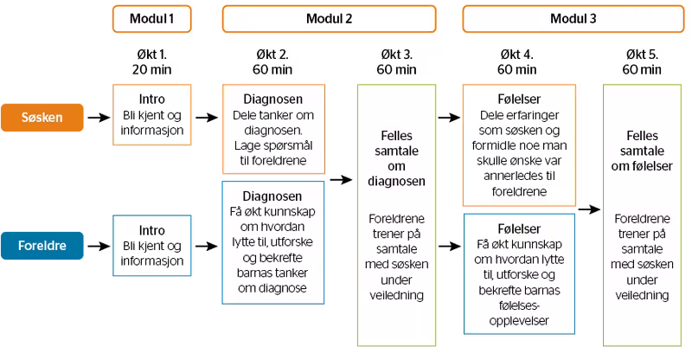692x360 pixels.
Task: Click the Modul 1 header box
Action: pyautogui.click(x=152, y=19)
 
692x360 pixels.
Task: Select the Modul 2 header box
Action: pyautogui.click(x=330, y=19)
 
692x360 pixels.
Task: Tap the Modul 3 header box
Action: pyautogui.click(x=573, y=19)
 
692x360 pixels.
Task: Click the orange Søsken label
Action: pyautogui.click(x=42, y=118)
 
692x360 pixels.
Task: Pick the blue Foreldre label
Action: pyautogui.click(x=42, y=246)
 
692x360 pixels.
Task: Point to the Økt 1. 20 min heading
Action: pyautogui.click(x=152, y=61)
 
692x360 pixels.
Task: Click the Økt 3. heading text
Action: pyautogui.click(x=396, y=55)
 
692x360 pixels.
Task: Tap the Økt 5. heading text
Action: pyautogui.click(x=642, y=55)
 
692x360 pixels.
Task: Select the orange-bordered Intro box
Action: pyautogui.click(x=152, y=115)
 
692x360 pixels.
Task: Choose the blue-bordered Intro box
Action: pyautogui.click(x=152, y=246)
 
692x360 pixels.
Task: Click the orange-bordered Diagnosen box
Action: pyautogui.click(x=273, y=129)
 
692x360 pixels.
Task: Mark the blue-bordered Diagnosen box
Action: pyautogui.click(x=273, y=242)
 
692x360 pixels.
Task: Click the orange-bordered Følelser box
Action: pyautogui.click(x=519, y=145)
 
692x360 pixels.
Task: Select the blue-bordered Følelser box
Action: pyautogui.click(x=519, y=273)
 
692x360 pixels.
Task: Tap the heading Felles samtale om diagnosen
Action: pyautogui.click(x=396, y=158)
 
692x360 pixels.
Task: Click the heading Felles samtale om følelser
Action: pyautogui.click(x=642, y=151)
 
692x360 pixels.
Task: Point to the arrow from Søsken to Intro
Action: pyautogui.click(x=99, y=118)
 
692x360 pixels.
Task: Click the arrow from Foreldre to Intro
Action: pyautogui.click(x=99, y=246)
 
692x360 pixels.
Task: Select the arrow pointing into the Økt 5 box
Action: pyautogui.click(x=589, y=209)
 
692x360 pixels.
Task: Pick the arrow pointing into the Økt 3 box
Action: pyautogui.click(x=341, y=180)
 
